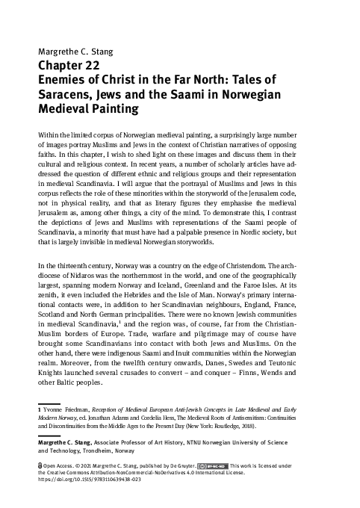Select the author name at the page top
[x=72, y=52]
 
